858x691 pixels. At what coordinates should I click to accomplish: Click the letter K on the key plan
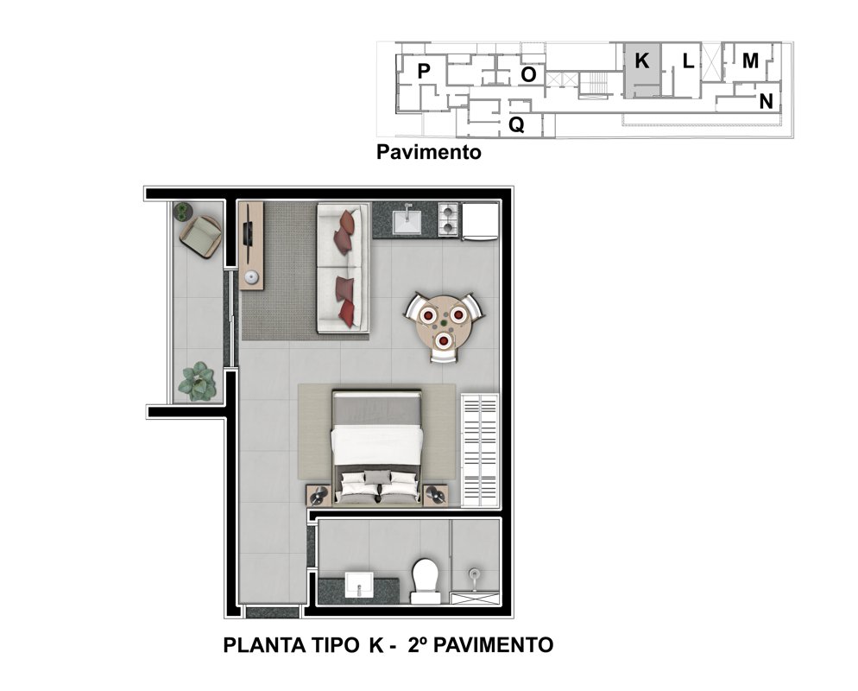point(642,60)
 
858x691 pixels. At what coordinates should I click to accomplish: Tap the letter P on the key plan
point(424,71)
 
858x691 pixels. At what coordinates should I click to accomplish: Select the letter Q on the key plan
point(516,125)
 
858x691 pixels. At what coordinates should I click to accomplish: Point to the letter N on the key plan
point(767,101)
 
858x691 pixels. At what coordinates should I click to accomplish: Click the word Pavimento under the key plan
point(428,152)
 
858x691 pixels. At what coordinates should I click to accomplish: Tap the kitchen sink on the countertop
point(407,219)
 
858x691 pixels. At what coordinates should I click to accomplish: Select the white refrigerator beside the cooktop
point(480,221)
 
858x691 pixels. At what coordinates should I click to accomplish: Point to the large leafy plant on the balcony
point(197,381)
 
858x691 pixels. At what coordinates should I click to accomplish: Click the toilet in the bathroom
point(426,581)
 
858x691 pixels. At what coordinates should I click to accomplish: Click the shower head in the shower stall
point(474,577)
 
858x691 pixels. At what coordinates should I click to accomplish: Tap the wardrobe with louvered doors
point(480,451)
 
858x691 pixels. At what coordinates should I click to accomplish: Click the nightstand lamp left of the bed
point(318,496)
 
